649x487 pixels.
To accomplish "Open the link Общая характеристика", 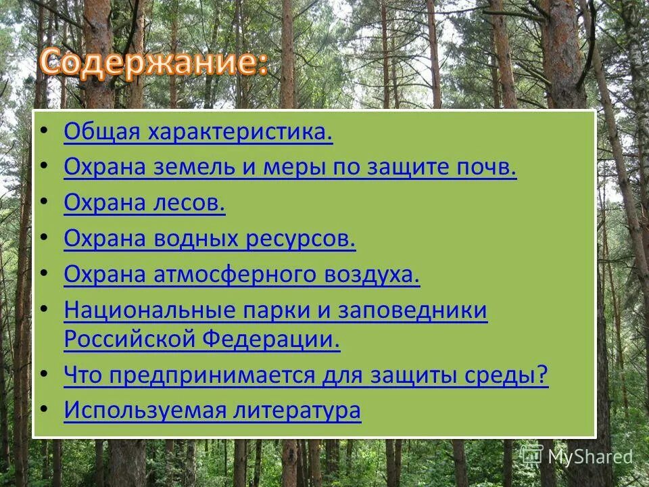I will coord(198,133).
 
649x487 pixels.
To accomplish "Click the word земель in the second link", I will coord(191,168).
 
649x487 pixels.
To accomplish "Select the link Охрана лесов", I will coord(145,203).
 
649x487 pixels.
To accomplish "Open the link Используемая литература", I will coord(212,410).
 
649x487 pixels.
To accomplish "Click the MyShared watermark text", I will coord(590,457).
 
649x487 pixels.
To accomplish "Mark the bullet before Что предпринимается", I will coord(45,373).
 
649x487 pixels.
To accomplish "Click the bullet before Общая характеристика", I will coord(45,131).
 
